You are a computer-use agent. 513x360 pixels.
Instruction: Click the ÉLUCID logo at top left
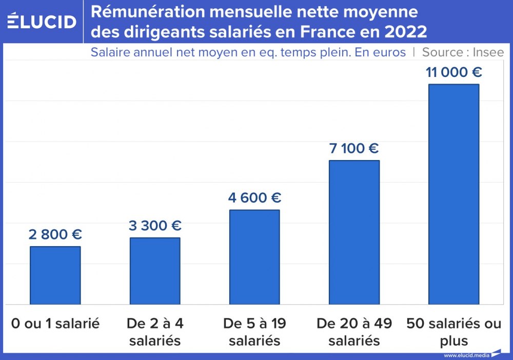[x=42, y=21]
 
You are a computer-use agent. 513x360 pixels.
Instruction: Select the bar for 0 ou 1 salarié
[x=55, y=275]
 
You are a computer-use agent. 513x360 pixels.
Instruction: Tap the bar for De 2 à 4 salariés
[x=155, y=271]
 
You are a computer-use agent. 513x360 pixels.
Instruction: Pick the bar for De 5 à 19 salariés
[x=254, y=257]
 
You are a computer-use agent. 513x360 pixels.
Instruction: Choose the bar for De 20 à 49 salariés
[x=354, y=232]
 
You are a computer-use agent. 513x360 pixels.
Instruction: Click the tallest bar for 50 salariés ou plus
[x=453, y=194]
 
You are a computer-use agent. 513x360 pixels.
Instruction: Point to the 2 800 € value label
[x=55, y=235]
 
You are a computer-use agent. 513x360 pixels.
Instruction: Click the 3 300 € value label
[x=155, y=226]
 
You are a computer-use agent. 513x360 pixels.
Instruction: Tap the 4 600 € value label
[x=254, y=198]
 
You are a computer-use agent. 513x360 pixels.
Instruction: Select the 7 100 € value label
[x=354, y=149]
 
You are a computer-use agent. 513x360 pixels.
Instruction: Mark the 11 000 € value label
[x=453, y=72]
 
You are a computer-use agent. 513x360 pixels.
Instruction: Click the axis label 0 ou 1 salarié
[x=55, y=324]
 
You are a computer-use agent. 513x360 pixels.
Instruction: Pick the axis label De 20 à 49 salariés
[x=354, y=332]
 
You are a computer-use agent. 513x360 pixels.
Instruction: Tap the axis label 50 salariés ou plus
[x=453, y=332]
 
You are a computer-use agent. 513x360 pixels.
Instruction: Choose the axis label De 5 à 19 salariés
[x=254, y=332]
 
